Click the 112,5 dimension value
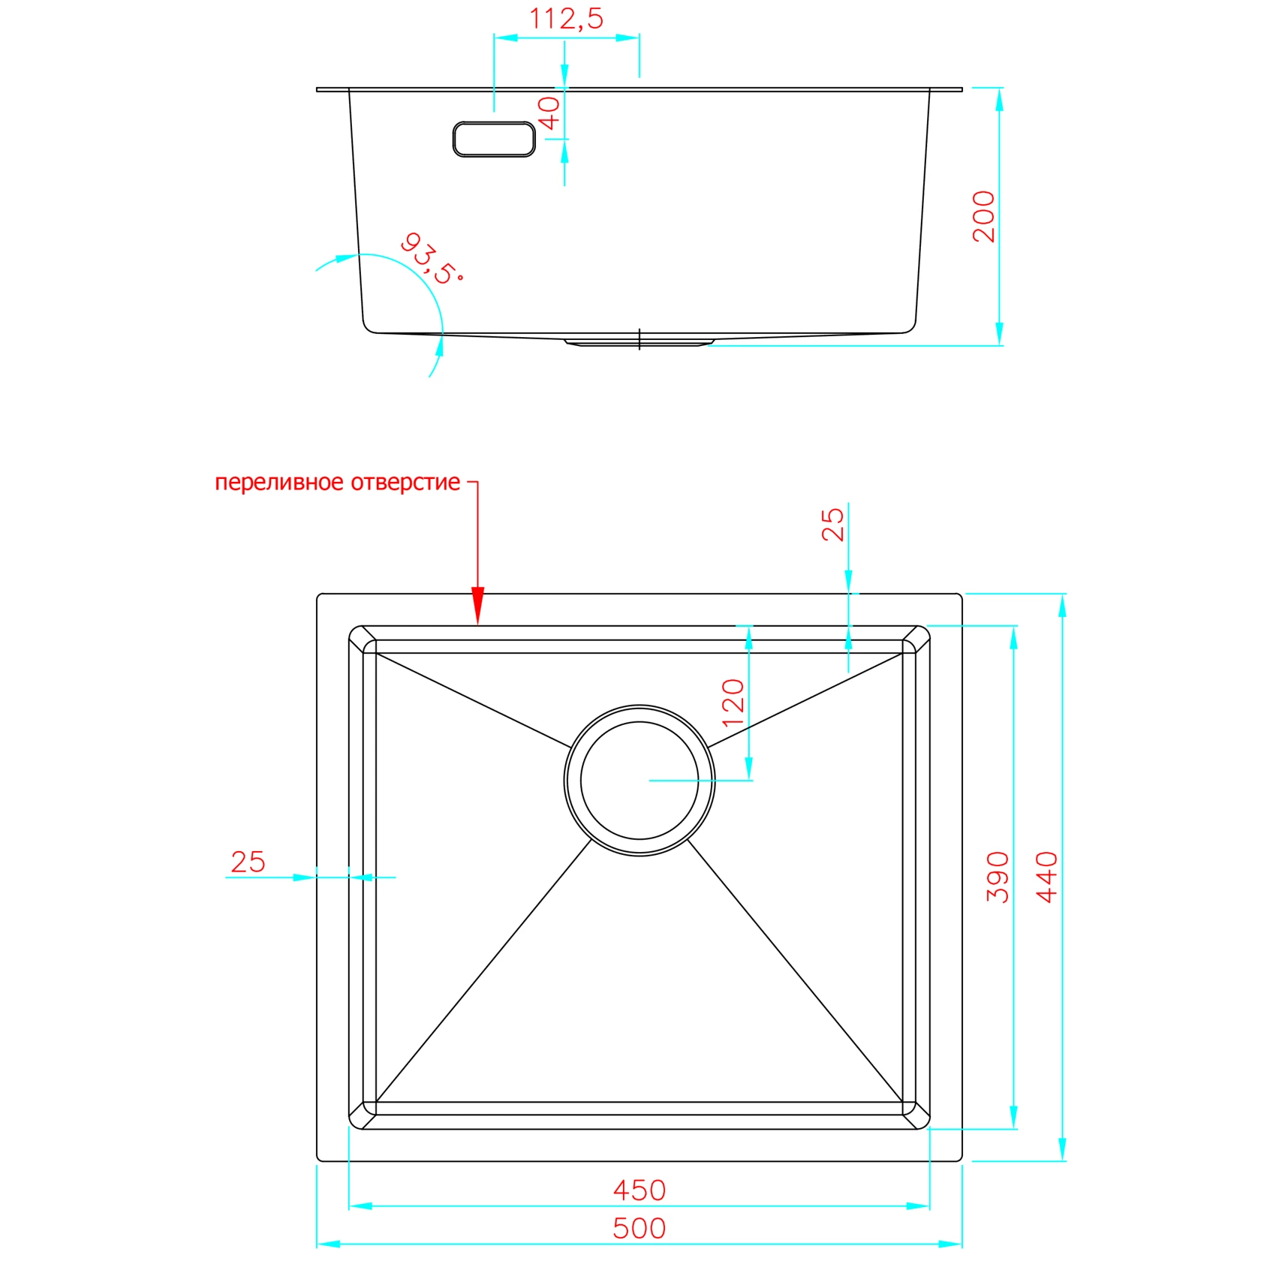pos(566,19)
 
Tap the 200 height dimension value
pos(983,216)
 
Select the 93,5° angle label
pos(431,259)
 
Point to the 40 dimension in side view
pos(549,113)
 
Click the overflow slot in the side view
pos(494,139)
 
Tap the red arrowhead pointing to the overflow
pos(478,605)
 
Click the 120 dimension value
pos(733,703)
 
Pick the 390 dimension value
pos(998,877)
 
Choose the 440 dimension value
pos(1046,877)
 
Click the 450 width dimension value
pos(639,1190)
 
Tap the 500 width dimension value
pos(639,1228)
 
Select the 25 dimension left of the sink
pos(248,862)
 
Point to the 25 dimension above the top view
pos(833,524)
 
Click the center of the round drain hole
pos(640,781)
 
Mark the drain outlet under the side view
pos(639,342)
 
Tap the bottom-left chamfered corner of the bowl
pos(363,1115)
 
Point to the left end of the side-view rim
pos(318,89)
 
